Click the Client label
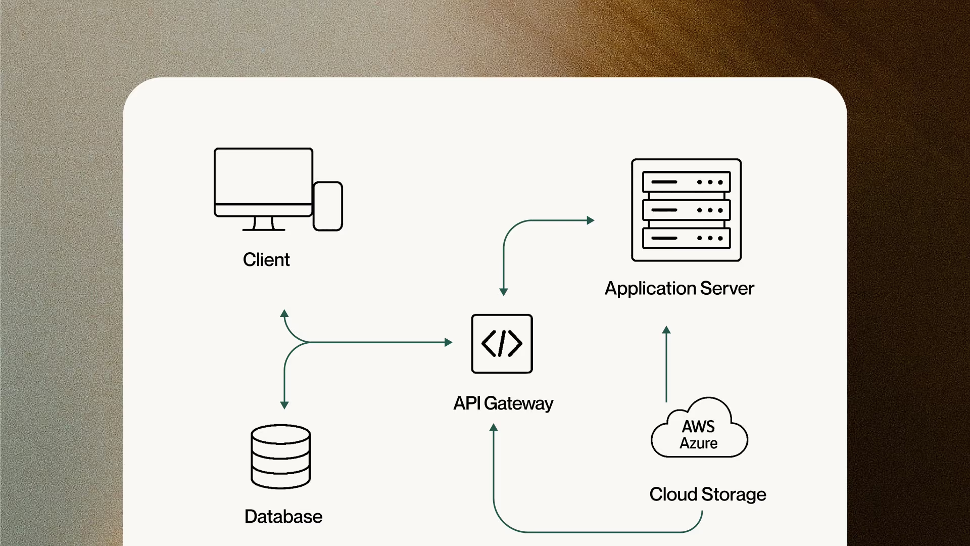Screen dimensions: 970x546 [266, 260]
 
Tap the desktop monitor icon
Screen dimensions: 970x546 [263, 189]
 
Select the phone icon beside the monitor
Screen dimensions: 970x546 [328, 206]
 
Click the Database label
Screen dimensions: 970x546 [283, 517]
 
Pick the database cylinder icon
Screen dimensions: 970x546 [281, 457]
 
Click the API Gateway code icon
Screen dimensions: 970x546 [502, 344]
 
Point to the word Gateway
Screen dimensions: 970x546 [518, 404]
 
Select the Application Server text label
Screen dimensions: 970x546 [680, 289]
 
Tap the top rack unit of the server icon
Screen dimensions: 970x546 [686, 182]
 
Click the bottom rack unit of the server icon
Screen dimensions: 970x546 [686, 238]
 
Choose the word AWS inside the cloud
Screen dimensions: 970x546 [698, 427]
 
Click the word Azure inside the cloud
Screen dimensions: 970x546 [698, 443]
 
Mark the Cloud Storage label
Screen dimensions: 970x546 [708, 494]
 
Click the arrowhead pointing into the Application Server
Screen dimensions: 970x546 [591, 220]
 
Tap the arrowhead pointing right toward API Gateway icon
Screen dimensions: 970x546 [449, 342]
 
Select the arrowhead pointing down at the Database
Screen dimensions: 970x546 [284, 405]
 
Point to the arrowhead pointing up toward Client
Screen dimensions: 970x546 [284, 313]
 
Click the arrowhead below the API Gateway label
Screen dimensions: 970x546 [494, 428]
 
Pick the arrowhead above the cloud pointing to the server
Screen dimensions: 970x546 [666, 330]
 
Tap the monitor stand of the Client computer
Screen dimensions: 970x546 [263, 224]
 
